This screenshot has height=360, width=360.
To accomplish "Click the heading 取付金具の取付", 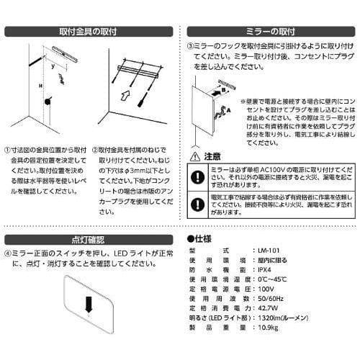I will pos(91,32).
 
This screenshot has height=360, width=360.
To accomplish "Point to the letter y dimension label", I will pos(53,64).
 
